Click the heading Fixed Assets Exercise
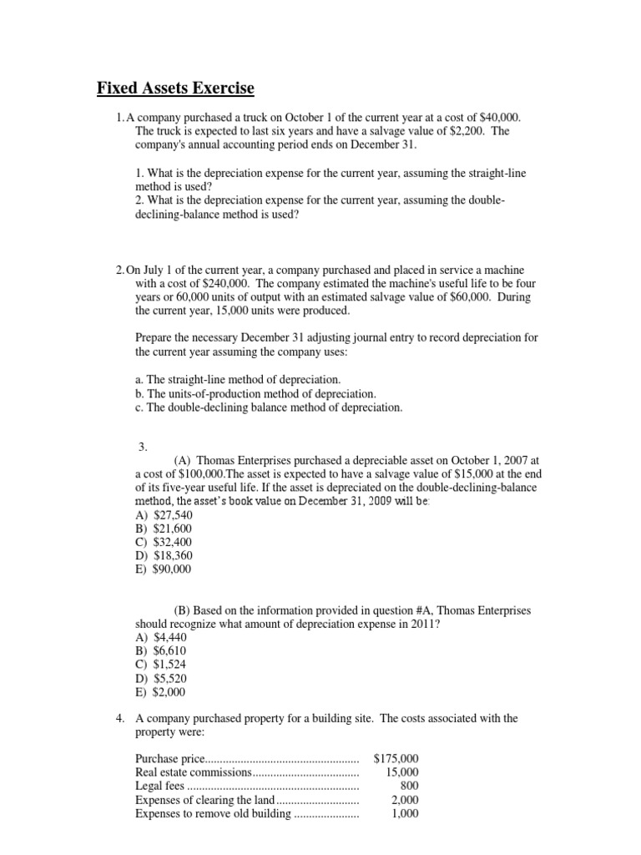[x=175, y=88]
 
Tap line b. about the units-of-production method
[x=255, y=393]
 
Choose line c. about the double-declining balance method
[x=268, y=407]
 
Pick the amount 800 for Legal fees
[x=409, y=786]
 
